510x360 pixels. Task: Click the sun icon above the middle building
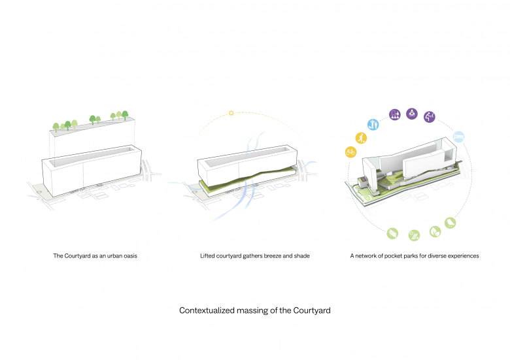(231, 114)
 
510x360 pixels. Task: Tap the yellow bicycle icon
(350, 152)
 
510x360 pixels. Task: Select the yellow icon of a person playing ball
(360, 138)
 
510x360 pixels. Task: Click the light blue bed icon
(459, 136)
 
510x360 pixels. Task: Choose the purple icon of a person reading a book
(413, 113)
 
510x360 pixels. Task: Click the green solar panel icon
(414, 235)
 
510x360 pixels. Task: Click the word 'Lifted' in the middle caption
(208, 256)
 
